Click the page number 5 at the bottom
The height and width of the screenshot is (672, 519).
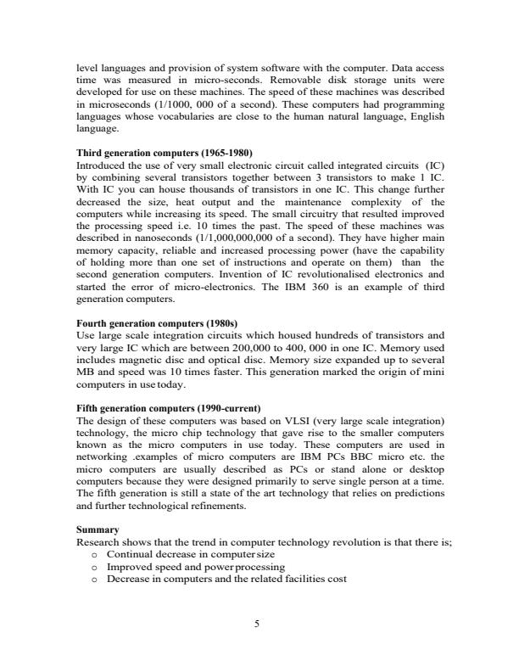[259, 625]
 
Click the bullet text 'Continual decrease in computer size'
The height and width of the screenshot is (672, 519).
[181, 553]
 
